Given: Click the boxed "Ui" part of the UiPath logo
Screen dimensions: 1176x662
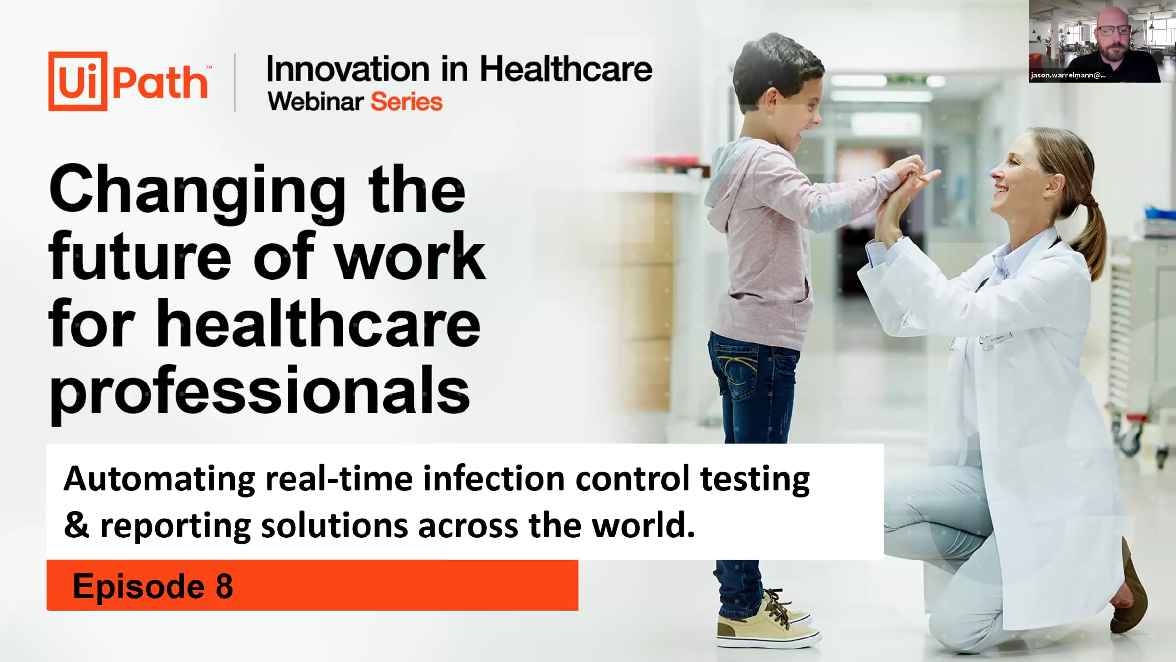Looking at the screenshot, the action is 77,81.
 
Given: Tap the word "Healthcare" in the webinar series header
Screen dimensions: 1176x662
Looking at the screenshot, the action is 565,69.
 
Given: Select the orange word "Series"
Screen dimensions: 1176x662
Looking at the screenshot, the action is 407,102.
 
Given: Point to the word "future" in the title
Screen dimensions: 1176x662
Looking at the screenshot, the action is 140,257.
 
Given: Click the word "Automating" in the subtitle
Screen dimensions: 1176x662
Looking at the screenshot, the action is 159,480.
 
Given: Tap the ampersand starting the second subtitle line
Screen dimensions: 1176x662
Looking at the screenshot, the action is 76,525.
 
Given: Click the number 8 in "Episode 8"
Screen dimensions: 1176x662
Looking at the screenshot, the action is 224,586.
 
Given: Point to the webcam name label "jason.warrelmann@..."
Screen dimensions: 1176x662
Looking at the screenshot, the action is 1068,75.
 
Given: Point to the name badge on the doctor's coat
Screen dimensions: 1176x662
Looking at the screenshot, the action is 995,340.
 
